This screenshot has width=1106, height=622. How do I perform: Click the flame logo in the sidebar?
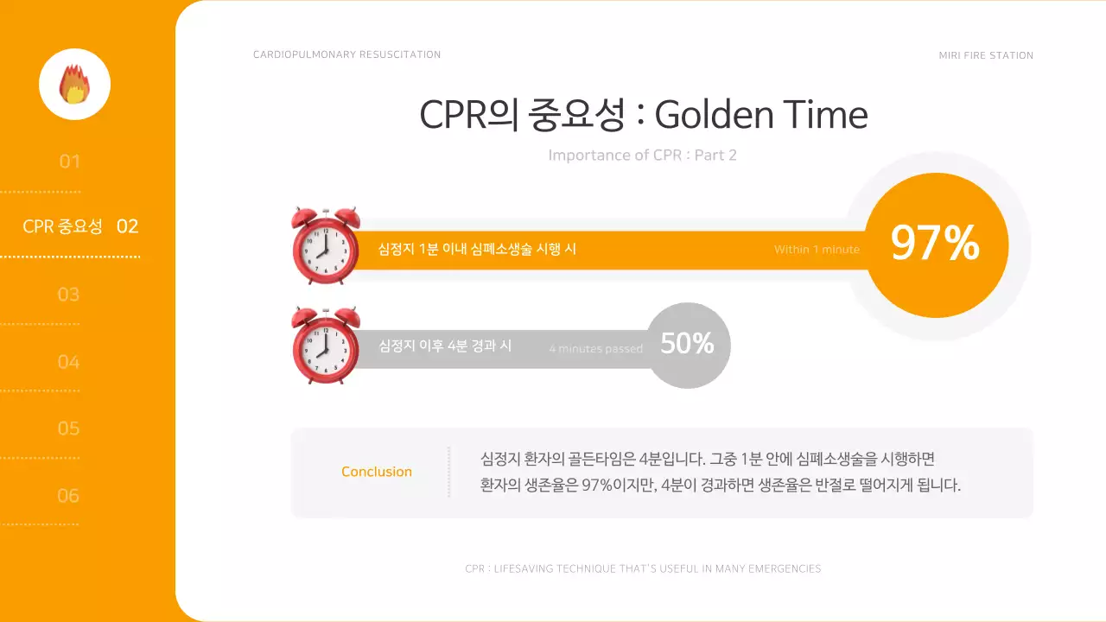click(x=74, y=84)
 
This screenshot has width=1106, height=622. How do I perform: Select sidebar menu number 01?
click(x=69, y=162)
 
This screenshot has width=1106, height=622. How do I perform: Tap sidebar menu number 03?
click(x=68, y=295)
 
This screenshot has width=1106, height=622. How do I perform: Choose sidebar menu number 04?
click(x=68, y=362)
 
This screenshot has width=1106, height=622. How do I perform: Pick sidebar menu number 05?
click(x=68, y=428)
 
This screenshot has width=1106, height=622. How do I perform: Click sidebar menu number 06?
click(x=68, y=496)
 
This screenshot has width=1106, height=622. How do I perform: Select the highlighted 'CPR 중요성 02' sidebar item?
click(x=80, y=226)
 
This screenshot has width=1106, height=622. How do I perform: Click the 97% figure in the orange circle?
click(x=935, y=244)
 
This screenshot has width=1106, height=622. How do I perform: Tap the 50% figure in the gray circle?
click(x=687, y=344)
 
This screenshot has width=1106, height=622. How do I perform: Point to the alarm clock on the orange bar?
click(x=325, y=245)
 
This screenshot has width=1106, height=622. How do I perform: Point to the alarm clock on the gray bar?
click(x=325, y=345)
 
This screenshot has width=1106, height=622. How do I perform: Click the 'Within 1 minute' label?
click(x=817, y=250)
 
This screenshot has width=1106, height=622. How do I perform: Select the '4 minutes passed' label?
click(x=595, y=349)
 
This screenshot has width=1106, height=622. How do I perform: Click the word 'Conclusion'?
click(x=377, y=472)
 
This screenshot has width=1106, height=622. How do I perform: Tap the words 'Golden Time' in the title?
click(x=760, y=115)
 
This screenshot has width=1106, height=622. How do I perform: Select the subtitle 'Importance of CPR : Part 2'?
click(x=642, y=155)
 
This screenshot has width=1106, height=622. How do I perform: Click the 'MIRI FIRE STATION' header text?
click(x=986, y=55)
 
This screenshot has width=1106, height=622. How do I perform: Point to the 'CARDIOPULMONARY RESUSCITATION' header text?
click(x=346, y=54)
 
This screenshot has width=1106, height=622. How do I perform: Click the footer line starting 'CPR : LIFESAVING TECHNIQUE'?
click(x=642, y=568)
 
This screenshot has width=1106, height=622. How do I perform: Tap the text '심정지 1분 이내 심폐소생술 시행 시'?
click(x=477, y=249)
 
